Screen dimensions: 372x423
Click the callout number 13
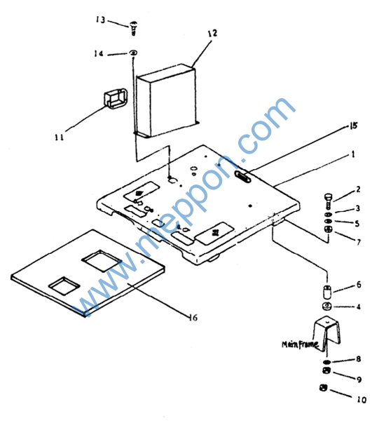[101, 20]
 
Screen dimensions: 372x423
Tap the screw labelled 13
[133, 28]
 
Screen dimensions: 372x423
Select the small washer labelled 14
[133, 53]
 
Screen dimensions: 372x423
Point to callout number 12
[212, 33]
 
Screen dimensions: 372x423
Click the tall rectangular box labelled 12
[167, 101]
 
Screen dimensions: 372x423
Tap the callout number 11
[60, 137]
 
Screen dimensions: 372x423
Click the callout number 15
[353, 126]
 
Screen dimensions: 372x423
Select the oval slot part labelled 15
[242, 177]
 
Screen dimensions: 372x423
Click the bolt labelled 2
[329, 201]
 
